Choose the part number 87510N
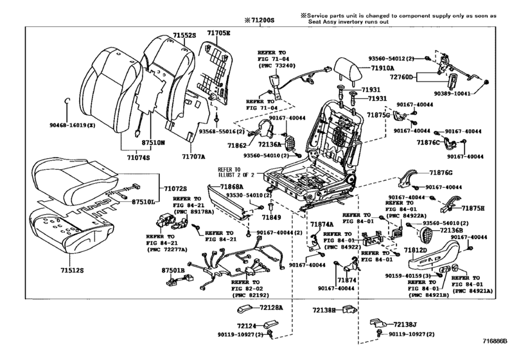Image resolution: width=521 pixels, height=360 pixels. click(154, 143)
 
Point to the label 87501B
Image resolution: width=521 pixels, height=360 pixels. click(173, 271)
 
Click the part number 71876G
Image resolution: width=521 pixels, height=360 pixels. click(441, 172)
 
